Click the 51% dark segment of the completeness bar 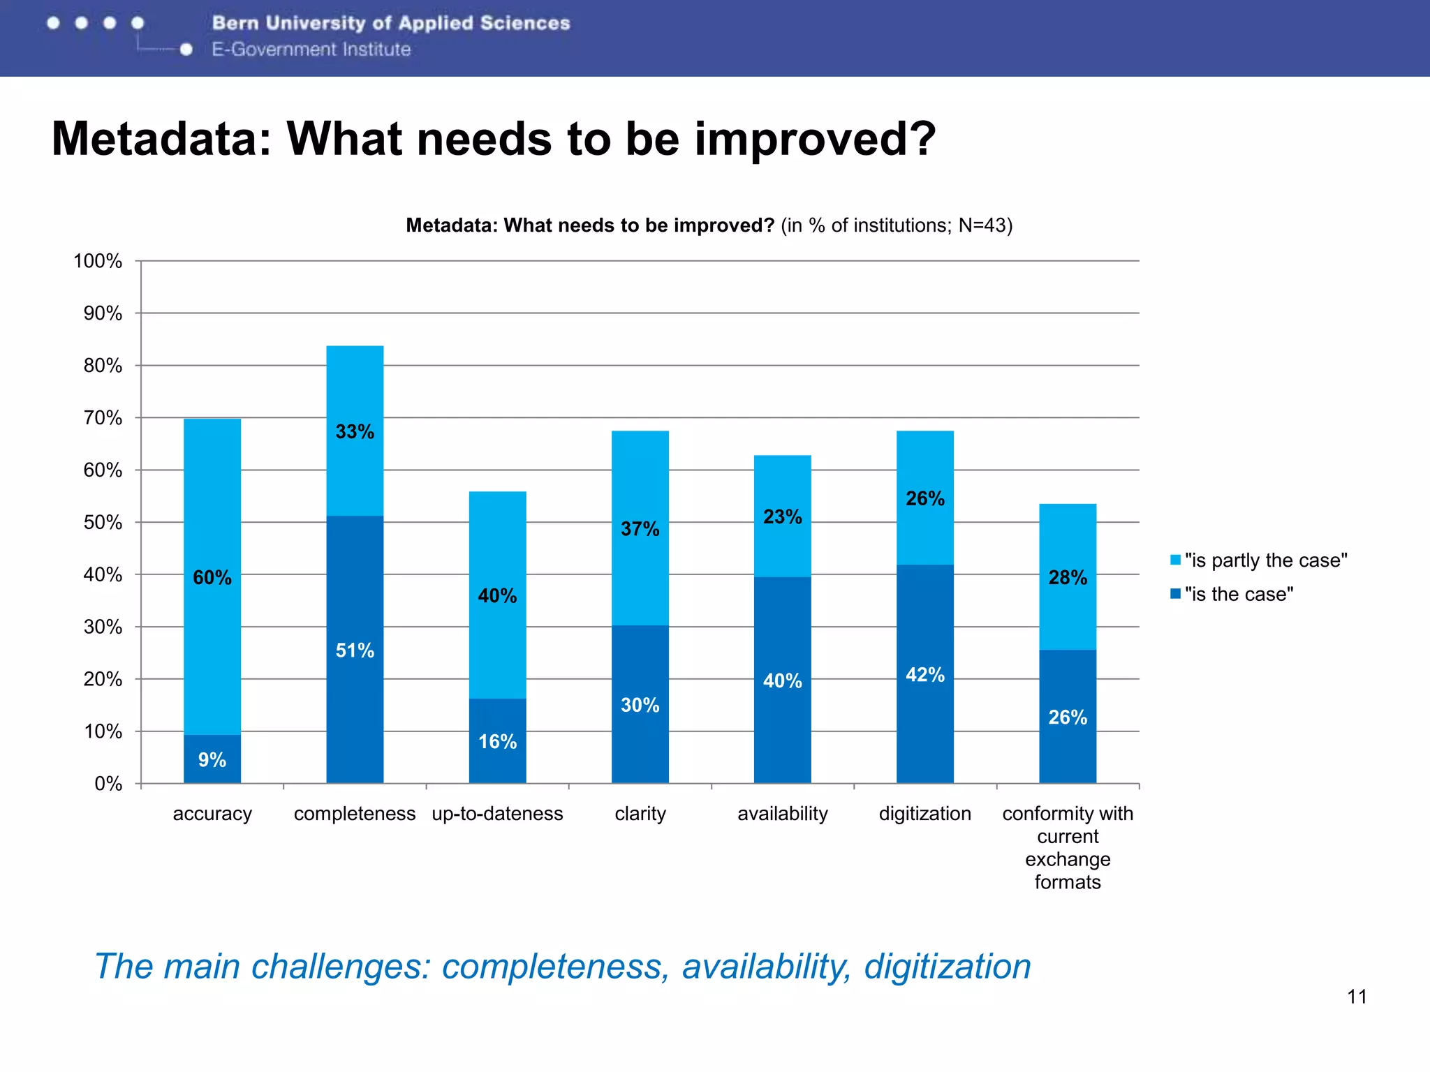click(x=355, y=650)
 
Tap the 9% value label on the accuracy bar click(x=212, y=760)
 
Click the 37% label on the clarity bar click(x=640, y=529)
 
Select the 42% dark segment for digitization click(x=924, y=674)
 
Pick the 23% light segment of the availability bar click(x=782, y=516)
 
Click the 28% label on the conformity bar click(x=1068, y=577)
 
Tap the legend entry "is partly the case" click(x=1265, y=560)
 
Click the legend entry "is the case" click(x=1238, y=594)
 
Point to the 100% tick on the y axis click(x=98, y=261)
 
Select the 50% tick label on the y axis click(x=103, y=522)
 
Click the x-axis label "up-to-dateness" click(x=497, y=814)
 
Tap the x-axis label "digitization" click(x=924, y=814)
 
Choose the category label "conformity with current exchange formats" click(x=1068, y=847)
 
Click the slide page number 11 click(x=1357, y=997)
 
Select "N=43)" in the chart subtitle click(x=985, y=225)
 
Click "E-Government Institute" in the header click(x=311, y=50)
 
